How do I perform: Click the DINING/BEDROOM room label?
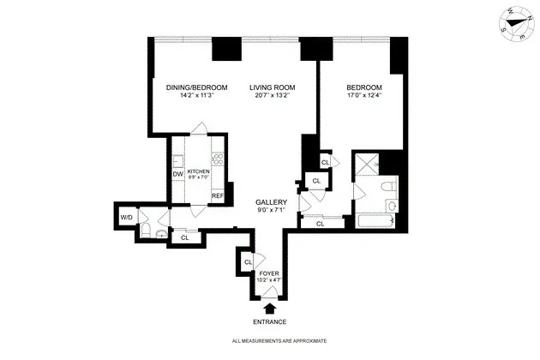(196, 87)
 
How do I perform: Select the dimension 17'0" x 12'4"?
(363, 96)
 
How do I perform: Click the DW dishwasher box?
(178, 175)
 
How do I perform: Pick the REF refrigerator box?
(218, 196)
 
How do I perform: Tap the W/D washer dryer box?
(127, 216)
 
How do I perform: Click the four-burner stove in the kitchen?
(218, 159)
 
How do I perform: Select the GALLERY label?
(270, 202)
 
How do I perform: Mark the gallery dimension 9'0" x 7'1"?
(270, 210)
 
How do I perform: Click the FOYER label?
(269, 273)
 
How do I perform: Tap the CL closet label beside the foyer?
(248, 261)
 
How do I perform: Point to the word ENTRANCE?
(270, 322)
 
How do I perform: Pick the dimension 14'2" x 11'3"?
(196, 96)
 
